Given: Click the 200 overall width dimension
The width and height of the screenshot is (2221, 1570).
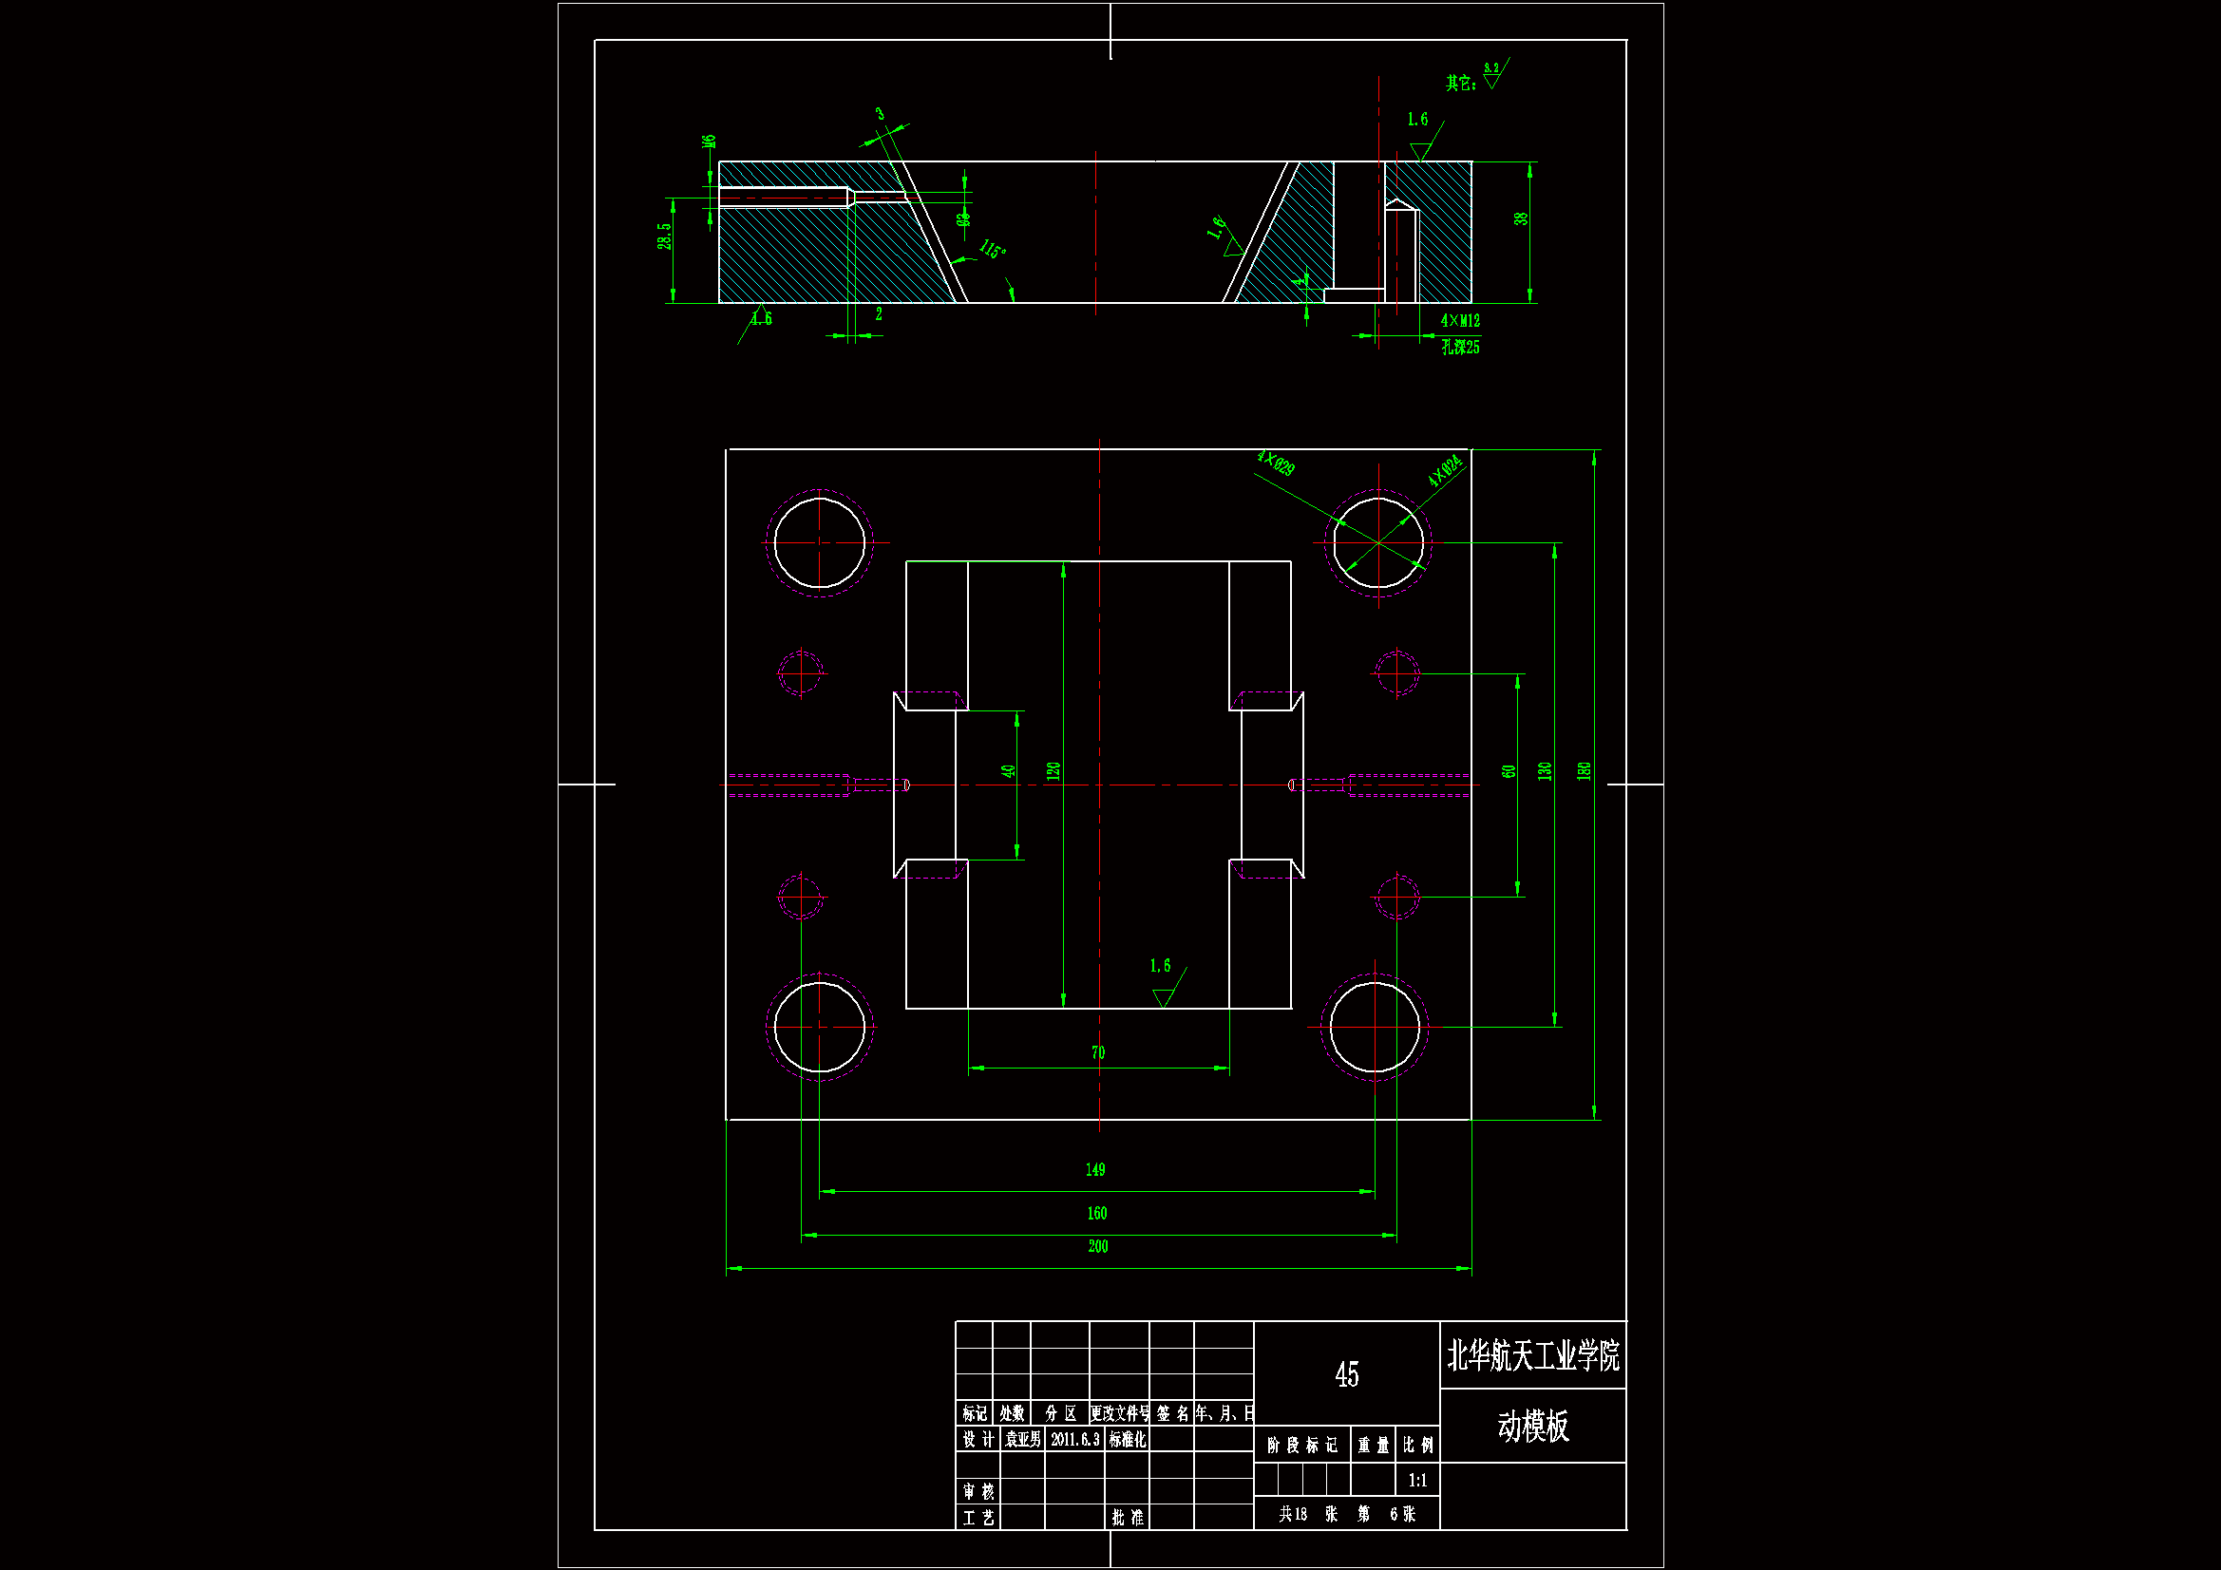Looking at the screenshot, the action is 1098,1247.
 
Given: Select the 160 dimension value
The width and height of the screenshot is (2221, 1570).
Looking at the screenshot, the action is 1097,1214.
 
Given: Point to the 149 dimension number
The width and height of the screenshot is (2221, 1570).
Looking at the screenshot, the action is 1095,1170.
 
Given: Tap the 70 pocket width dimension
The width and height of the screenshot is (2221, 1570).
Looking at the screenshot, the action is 1098,1053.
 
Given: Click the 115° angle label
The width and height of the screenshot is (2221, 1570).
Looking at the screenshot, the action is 993,251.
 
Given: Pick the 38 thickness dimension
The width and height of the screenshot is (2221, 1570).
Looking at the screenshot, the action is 1522,219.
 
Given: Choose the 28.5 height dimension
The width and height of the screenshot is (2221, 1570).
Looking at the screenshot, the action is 665,237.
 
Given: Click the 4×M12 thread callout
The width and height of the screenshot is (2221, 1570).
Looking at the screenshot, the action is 1460,321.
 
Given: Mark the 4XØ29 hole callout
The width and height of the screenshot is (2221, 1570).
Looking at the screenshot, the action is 1276,463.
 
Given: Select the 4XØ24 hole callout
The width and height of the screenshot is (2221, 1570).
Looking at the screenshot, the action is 1444,471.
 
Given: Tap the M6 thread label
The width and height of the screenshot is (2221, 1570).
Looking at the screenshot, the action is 709,142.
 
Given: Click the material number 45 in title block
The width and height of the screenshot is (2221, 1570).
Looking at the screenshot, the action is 1346,1374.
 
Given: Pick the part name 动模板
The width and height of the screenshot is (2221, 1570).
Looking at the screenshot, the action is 1533,1427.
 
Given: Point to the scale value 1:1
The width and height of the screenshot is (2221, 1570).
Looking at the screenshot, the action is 1417,1481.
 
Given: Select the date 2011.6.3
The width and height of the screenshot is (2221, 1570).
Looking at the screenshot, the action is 1074,1440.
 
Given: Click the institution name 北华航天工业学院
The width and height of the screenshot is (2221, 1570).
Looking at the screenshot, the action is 1533,1356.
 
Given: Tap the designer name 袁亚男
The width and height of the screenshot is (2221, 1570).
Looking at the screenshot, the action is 1022,1440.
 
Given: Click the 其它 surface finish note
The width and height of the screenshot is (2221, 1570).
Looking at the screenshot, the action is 1461,84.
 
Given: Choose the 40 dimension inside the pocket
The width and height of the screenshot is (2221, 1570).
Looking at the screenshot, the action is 1009,772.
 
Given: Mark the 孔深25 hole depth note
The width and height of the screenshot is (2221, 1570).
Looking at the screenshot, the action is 1461,348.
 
